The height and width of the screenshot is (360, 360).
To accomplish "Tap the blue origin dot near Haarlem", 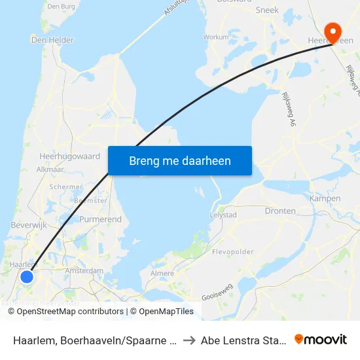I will pos(27,277).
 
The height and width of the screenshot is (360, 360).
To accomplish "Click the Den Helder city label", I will pos(52,40).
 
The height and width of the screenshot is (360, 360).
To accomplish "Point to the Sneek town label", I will pos(267,10).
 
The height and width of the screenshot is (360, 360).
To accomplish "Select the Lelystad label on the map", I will pos(226,214).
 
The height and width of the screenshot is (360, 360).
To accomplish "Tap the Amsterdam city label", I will pos(84,270).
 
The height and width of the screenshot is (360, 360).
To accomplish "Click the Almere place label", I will pos(162,273).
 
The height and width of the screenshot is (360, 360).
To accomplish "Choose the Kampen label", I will pos(325,198).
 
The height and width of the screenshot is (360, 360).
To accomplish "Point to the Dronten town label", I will pos(280,211).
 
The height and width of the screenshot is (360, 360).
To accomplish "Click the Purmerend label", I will pos(100,219).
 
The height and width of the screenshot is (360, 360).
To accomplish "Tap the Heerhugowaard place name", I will pos(69,157).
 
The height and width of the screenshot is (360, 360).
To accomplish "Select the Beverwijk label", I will pos(27,225).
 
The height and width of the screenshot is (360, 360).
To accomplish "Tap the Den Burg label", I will pos(62,7).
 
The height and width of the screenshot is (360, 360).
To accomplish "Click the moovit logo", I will pos(321,339).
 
